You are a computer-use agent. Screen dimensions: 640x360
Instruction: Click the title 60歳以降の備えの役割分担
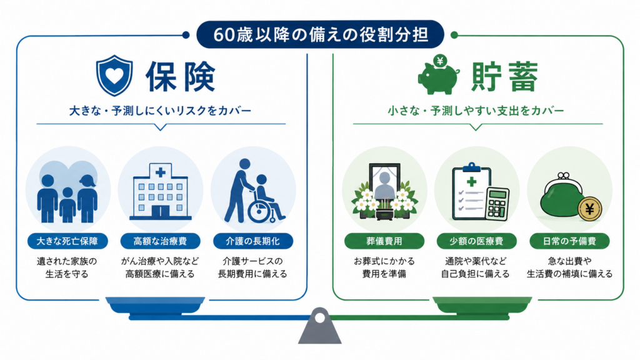point(321,35)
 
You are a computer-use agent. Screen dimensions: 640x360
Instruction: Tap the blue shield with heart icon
point(114,76)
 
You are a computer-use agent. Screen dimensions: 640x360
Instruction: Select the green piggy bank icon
point(439,75)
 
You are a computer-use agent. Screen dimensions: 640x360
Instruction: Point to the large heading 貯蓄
point(505,77)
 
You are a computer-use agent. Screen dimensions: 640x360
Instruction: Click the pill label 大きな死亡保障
point(67,241)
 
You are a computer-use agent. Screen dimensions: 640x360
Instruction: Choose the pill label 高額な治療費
point(160,241)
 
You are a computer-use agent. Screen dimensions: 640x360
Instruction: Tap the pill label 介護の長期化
point(253,241)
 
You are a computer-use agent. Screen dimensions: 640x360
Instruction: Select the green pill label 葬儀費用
point(384,241)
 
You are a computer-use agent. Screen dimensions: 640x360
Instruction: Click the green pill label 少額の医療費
point(476,241)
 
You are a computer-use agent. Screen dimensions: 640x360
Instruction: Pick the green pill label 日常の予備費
point(569,241)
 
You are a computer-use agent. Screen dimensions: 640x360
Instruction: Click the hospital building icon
point(161,191)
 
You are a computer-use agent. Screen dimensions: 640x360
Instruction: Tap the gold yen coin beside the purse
point(590,209)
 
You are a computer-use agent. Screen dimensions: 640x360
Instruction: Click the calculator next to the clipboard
point(497,204)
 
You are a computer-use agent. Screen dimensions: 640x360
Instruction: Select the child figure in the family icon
point(67,205)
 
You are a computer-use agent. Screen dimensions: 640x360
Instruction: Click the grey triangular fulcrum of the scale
point(319,326)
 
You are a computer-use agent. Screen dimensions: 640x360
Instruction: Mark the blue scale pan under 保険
point(155,305)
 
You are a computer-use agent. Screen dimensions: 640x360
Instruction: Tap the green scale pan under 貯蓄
point(482,305)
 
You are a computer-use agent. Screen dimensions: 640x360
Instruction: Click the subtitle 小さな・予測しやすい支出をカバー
point(476,111)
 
